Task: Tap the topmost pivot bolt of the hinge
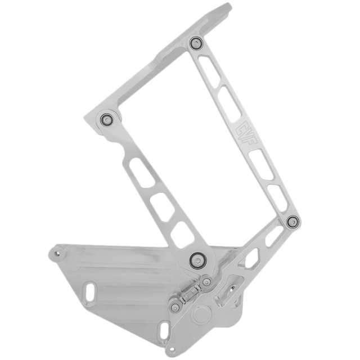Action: pos(196,43)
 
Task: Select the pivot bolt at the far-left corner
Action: pos(106,119)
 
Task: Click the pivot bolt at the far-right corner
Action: pos(291,222)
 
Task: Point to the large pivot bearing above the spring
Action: pos(197,259)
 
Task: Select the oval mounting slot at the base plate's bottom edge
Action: pos(164,331)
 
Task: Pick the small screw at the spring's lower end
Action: pos(175,307)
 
